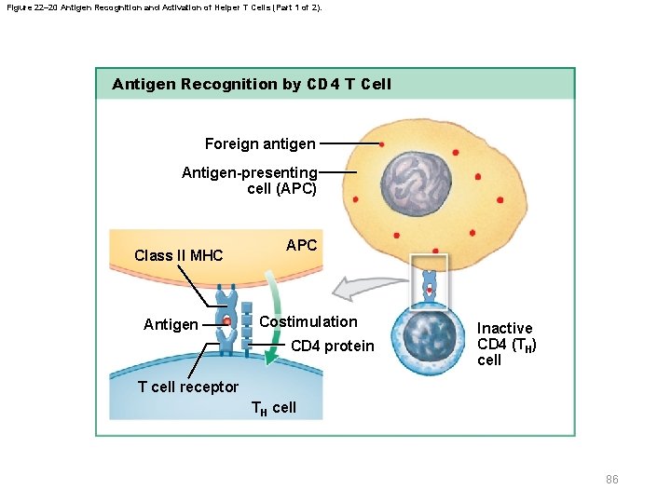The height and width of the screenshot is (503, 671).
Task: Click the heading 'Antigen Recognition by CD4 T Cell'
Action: (x=252, y=84)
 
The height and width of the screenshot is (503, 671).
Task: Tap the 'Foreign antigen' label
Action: (x=260, y=143)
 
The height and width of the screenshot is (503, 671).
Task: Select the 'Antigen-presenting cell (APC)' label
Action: (x=250, y=181)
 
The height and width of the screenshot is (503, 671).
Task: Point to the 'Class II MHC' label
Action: (x=178, y=255)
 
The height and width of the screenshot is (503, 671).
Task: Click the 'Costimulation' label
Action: (x=308, y=321)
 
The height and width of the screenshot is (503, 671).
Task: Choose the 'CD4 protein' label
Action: (x=332, y=347)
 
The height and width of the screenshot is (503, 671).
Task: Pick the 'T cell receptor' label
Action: (x=187, y=387)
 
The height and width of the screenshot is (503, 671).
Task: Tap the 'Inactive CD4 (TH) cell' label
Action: (x=506, y=344)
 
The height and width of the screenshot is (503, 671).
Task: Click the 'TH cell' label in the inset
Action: (x=274, y=408)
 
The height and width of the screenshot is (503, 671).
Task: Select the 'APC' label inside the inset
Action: (x=301, y=246)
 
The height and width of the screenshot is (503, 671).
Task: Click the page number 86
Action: (x=611, y=480)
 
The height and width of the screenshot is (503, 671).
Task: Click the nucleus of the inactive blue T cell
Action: (x=428, y=334)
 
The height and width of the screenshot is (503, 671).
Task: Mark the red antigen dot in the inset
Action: (x=226, y=320)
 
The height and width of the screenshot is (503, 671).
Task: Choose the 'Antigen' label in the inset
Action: (x=171, y=325)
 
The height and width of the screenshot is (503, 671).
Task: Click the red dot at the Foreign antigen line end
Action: (x=380, y=144)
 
